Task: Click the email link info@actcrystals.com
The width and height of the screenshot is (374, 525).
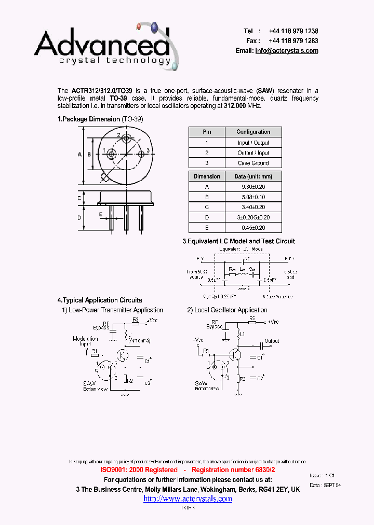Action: pos(287,51)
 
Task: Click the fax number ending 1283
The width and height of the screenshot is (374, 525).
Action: pos(293,40)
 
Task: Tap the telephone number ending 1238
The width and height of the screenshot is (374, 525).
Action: pos(293,31)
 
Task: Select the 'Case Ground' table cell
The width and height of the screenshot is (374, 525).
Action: pos(253,163)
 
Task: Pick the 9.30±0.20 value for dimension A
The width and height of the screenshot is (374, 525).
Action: pos(253,187)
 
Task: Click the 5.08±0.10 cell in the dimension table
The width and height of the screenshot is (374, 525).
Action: pos(253,197)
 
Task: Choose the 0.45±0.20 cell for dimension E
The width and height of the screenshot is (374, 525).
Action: pos(253,228)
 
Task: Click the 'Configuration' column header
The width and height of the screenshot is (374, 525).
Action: pos(253,132)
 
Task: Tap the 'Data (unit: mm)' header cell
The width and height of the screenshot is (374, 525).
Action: pos(253,177)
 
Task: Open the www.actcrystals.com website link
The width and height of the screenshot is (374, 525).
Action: pos(188,499)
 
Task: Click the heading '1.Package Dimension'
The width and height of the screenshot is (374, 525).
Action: pos(89,119)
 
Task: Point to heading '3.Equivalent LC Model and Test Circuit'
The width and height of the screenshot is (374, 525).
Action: pos(238,241)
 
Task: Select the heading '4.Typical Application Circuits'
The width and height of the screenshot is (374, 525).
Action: pos(99,300)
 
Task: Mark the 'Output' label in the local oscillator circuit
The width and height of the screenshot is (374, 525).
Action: pos(272,341)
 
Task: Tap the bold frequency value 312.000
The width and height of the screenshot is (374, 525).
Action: pos(236,105)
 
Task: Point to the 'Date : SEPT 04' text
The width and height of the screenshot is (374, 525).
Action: pos(325,485)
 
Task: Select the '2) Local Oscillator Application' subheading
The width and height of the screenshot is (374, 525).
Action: pos(227,310)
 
